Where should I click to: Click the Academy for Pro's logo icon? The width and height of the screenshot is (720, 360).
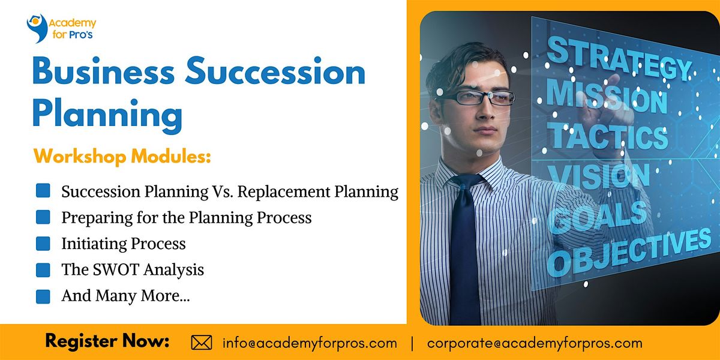tap(37, 27)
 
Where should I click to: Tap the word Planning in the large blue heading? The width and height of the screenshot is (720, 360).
tap(107, 113)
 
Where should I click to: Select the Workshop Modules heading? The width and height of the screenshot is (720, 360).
tap(122, 158)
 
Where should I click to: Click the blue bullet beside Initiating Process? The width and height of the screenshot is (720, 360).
tap(43, 244)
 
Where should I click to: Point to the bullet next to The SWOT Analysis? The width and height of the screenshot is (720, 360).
tap(43, 270)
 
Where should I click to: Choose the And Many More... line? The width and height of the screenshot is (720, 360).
tap(125, 296)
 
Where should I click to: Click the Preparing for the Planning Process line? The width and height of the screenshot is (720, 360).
tap(186, 217)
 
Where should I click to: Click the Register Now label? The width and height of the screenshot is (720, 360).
tap(107, 342)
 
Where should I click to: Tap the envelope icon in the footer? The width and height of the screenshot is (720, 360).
tap(202, 343)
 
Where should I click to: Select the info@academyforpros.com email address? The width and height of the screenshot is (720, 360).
tap(310, 343)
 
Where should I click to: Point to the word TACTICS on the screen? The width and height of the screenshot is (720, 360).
tap(608, 136)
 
